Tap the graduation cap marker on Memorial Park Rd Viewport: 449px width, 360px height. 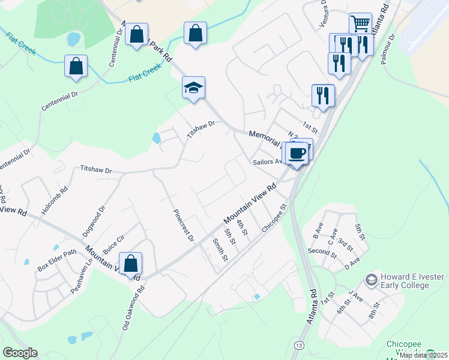194,88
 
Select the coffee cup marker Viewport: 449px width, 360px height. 297,154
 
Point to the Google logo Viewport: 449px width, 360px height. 20,353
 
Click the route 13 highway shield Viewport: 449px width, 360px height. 298,345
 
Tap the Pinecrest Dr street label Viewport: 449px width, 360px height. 184,226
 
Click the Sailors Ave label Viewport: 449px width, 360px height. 267,161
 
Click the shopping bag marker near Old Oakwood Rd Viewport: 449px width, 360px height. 130,263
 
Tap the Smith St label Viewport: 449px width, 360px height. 220,250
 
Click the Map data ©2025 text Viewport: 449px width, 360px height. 423,355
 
